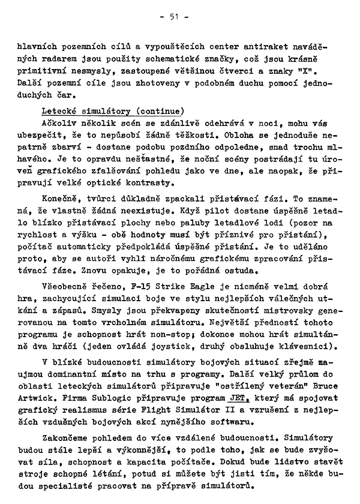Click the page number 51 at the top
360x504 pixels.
pos(175,17)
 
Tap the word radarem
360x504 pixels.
pos(82,59)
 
